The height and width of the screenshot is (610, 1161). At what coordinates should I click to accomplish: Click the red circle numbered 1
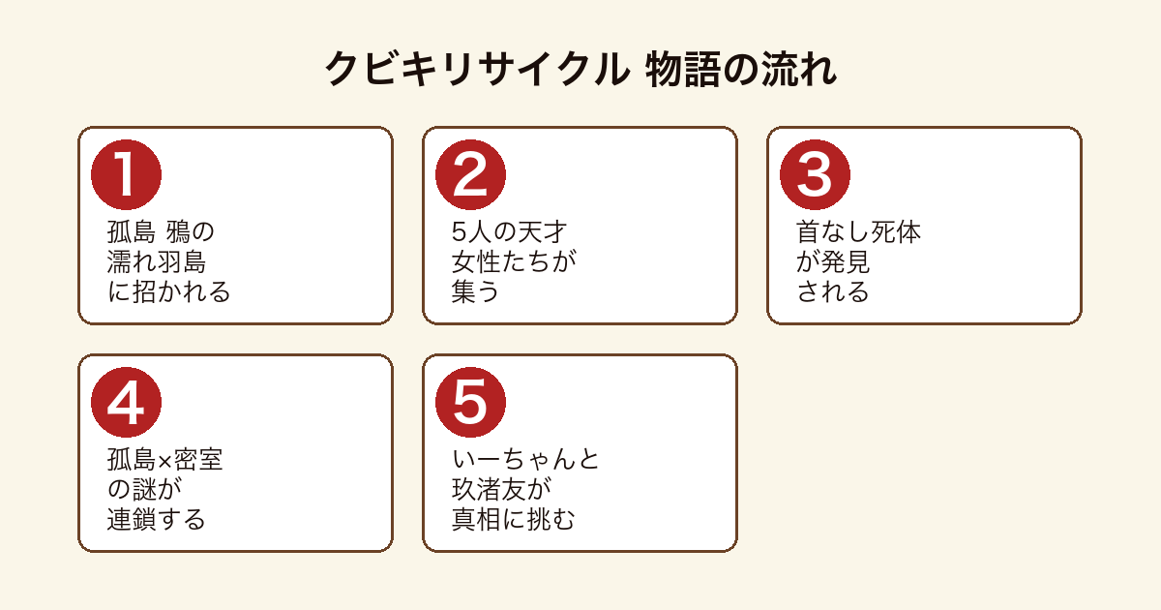[x=126, y=175]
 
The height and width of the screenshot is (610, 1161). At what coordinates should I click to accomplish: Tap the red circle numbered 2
[x=470, y=175]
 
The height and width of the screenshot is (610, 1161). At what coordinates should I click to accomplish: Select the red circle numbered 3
[x=815, y=175]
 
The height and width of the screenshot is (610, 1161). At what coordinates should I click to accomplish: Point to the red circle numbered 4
[x=126, y=403]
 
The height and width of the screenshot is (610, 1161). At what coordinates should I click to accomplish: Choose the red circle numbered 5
[x=470, y=403]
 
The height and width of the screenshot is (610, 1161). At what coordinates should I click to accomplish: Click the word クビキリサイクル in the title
[x=477, y=69]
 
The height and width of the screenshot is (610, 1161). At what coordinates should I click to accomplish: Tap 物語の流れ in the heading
[x=741, y=69]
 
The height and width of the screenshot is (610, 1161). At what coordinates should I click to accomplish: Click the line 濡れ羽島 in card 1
[x=157, y=261]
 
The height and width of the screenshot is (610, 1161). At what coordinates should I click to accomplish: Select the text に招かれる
[x=169, y=291]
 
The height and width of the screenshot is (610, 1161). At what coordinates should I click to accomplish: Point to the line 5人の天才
[x=510, y=231]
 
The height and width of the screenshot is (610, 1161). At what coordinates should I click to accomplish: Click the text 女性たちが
[x=514, y=261]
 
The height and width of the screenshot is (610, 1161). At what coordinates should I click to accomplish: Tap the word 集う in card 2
[x=475, y=291]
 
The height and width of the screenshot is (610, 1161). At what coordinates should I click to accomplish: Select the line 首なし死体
[x=858, y=231]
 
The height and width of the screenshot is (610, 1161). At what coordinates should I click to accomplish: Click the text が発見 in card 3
[x=833, y=261]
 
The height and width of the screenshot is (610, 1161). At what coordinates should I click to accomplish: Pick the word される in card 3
[x=833, y=291]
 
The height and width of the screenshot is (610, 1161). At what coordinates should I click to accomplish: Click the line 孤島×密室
[x=164, y=460]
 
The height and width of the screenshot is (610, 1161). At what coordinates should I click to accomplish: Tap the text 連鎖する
[x=157, y=519]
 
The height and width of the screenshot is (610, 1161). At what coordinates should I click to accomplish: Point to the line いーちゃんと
[x=525, y=460]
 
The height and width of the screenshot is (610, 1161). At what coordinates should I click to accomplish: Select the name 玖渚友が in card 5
[x=502, y=489]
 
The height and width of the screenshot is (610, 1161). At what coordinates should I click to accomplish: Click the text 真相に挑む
[x=514, y=519]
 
